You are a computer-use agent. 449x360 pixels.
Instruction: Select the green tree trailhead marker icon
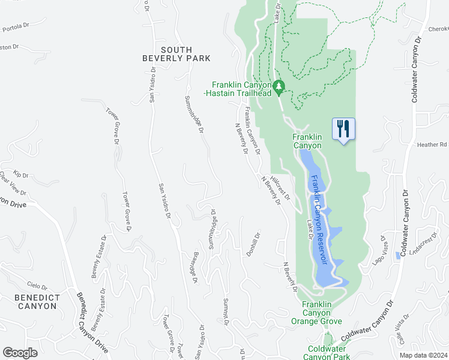[x=279, y=88]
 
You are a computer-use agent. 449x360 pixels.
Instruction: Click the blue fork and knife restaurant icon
[x=343, y=130]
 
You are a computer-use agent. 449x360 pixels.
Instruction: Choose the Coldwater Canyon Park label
[x=329, y=353]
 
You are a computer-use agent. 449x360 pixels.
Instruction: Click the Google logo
[x=20, y=352]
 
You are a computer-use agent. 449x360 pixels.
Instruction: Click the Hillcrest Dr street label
[x=280, y=188]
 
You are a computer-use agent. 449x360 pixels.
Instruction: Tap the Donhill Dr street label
[x=254, y=244]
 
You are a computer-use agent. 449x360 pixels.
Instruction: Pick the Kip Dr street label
[x=22, y=175]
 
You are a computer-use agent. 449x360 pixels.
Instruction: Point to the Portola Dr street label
[x=16, y=28]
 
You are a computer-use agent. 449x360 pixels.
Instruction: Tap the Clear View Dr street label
[x=13, y=184]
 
